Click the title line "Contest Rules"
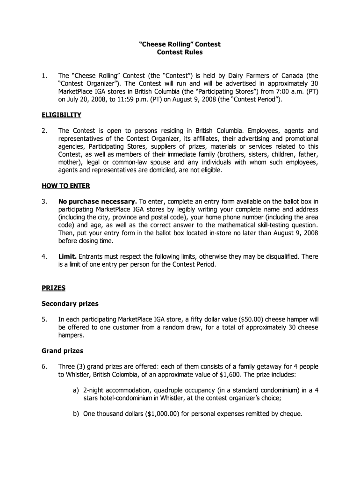[x=180, y=52]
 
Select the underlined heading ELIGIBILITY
[x=61, y=115]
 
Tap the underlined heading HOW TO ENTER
[x=66, y=186]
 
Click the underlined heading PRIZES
[x=54, y=288]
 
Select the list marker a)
[x=75, y=390]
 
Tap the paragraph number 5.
[x=43, y=319]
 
